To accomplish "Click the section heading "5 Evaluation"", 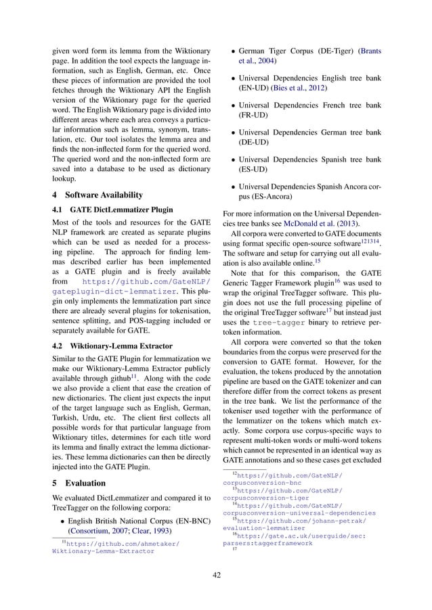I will [78, 484].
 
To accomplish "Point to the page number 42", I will [216, 576].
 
